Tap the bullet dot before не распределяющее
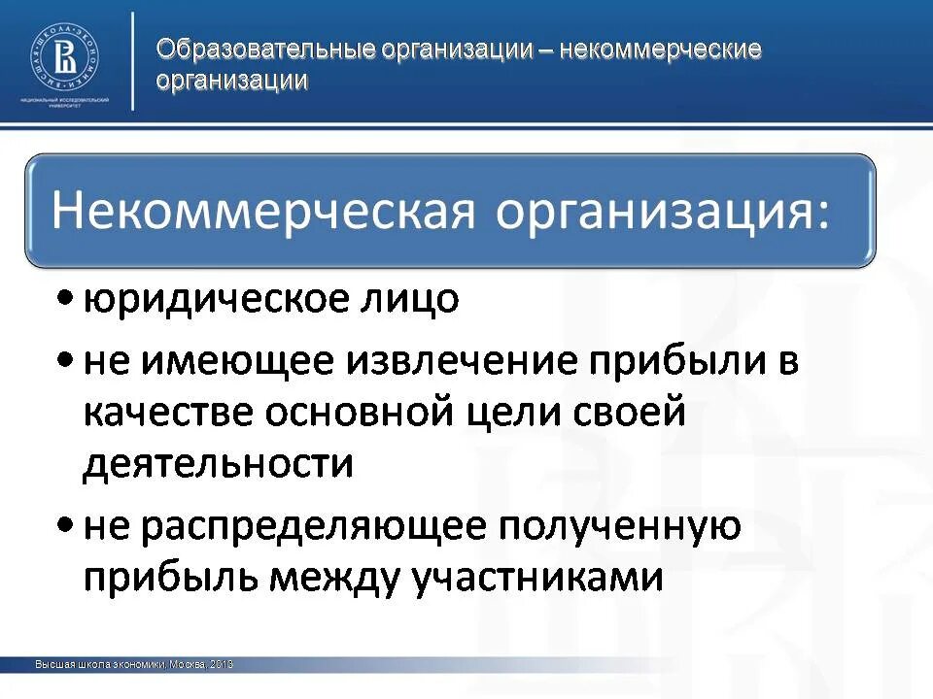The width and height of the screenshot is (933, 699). pyautogui.click(x=64, y=524)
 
